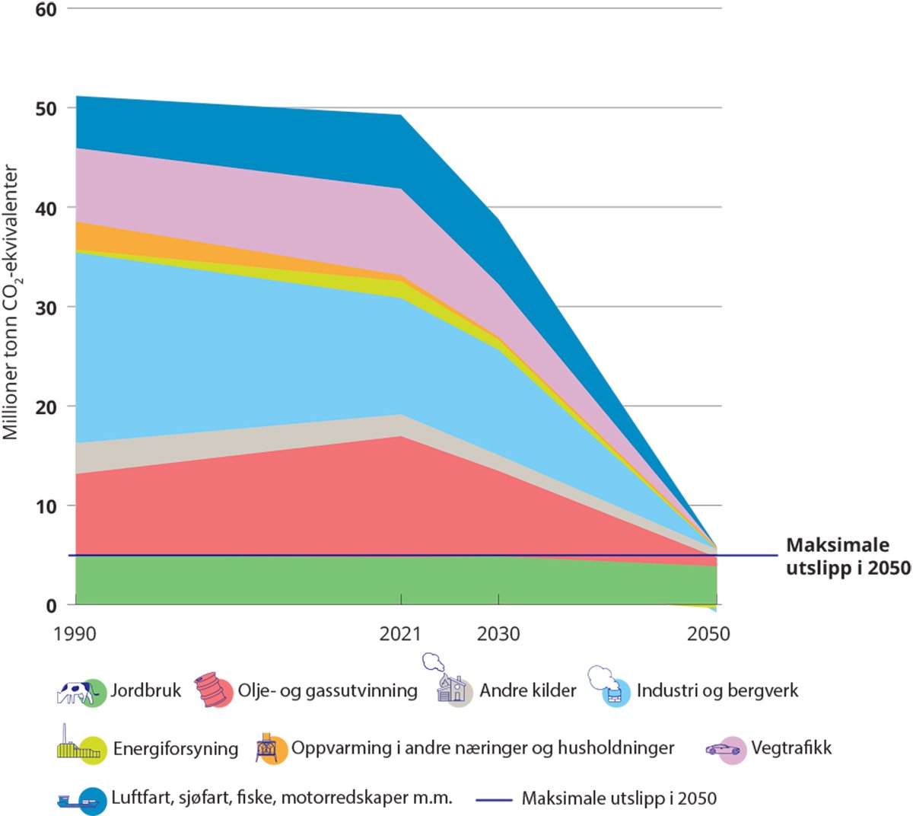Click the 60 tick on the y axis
46,10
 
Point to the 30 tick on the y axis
46,308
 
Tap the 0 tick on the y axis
51,606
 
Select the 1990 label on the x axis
75,634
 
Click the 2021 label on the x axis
400,634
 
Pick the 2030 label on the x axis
498,634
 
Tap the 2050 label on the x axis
708,634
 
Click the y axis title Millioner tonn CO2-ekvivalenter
11,303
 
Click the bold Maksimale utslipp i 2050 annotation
846,556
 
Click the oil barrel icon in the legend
213,690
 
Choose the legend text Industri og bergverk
717,690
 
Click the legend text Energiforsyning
176,749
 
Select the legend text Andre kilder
528,690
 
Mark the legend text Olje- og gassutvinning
328,690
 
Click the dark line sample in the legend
495,799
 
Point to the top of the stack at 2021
400,115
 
